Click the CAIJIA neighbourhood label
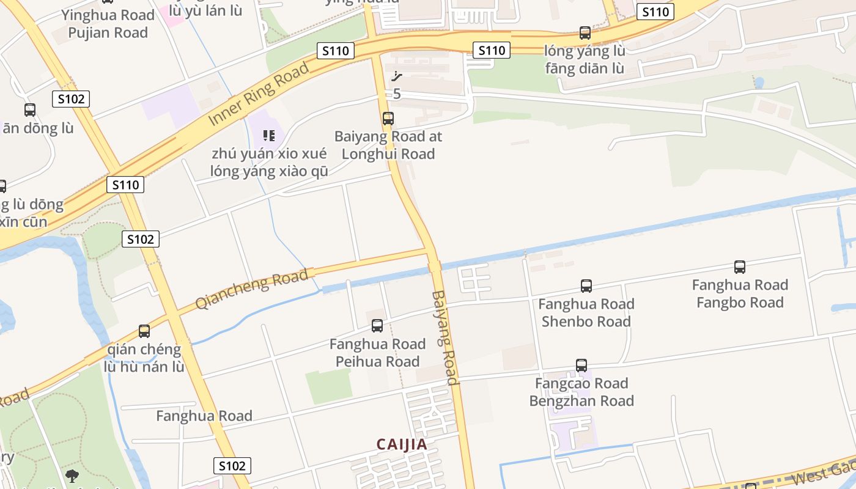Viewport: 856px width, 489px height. [x=402, y=444]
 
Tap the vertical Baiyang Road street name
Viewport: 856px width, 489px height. [x=445, y=337]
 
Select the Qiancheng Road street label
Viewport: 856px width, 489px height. [x=251, y=289]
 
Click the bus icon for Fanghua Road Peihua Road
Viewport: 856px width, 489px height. [x=377, y=326]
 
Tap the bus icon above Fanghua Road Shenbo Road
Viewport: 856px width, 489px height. [x=586, y=285]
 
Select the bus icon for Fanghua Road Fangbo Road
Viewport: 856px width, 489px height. [x=739, y=267]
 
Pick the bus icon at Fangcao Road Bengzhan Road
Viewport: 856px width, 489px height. [x=581, y=365]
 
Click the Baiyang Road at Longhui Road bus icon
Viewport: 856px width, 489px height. [x=388, y=118]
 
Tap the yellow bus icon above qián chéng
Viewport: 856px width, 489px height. [x=144, y=331]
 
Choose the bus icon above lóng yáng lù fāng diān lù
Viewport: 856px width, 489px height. [x=585, y=32]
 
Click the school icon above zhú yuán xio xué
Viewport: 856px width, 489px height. [x=268, y=135]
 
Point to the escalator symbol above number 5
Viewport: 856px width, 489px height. [x=397, y=76]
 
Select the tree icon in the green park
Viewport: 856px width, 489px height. [x=72, y=476]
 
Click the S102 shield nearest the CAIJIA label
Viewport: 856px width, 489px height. [x=232, y=466]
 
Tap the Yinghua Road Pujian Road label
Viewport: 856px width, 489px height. [x=108, y=24]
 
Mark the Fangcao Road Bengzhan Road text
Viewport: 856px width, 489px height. [x=581, y=392]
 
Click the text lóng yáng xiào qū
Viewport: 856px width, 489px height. [x=269, y=171]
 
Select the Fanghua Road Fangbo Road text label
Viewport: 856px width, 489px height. [x=740, y=294]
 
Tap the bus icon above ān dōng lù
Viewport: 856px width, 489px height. [x=29, y=110]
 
